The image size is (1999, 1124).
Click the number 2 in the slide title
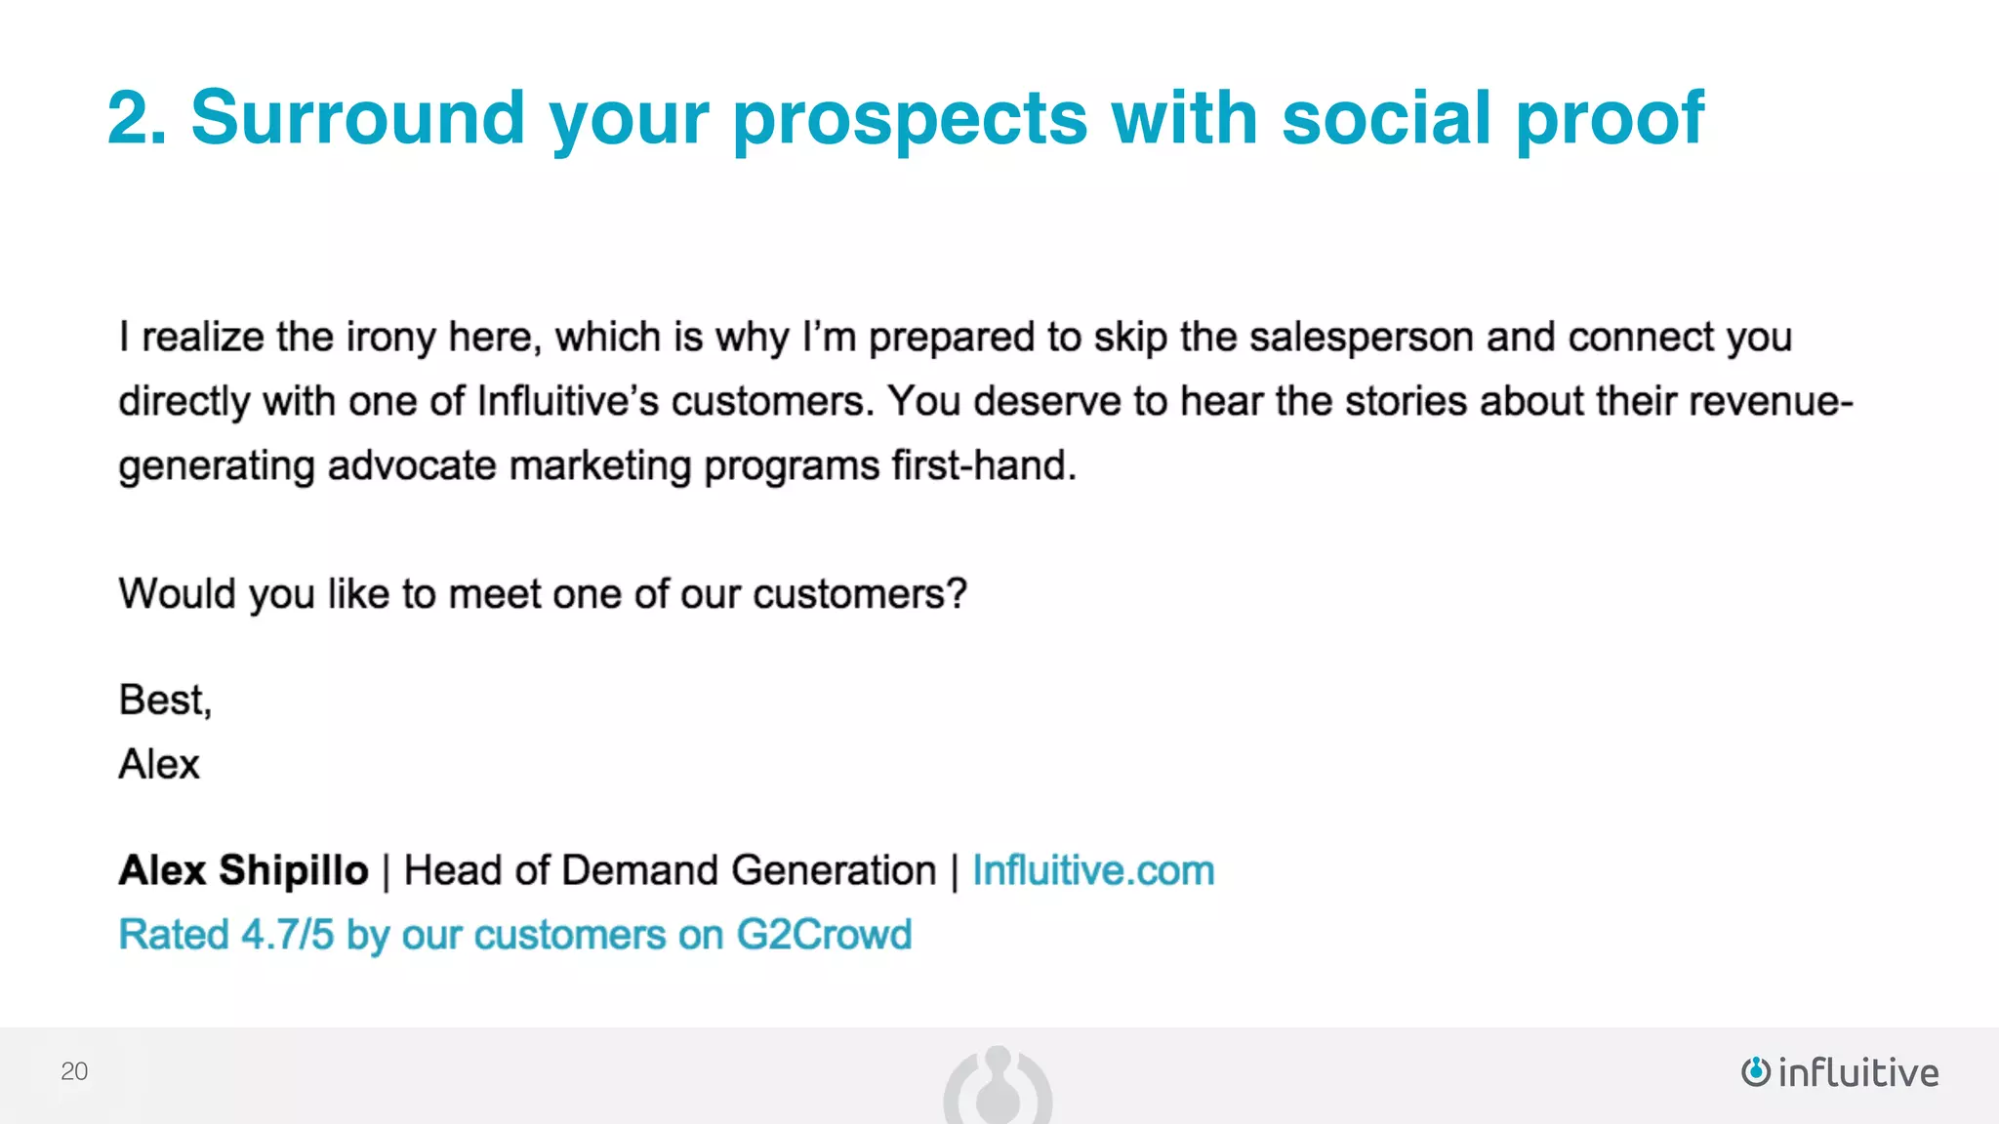[x=130, y=118]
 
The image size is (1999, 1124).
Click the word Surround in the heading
[x=357, y=118]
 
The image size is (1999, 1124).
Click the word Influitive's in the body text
[x=568, y=402]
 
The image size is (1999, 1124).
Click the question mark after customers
[x=958, y=594]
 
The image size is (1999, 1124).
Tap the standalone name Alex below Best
[x=159, y=764]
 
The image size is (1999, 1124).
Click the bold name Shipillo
[x=294, y=870]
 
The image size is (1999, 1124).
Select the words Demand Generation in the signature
[x=749, y=870]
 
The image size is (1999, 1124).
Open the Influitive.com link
[x=1093, y=870]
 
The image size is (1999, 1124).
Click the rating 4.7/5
[x=288, y=935]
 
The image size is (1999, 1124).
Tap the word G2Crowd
[x=824, y=935]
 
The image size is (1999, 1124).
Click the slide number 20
[x=74, y=1071]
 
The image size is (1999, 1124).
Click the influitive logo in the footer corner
[x=1840, y=1072]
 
